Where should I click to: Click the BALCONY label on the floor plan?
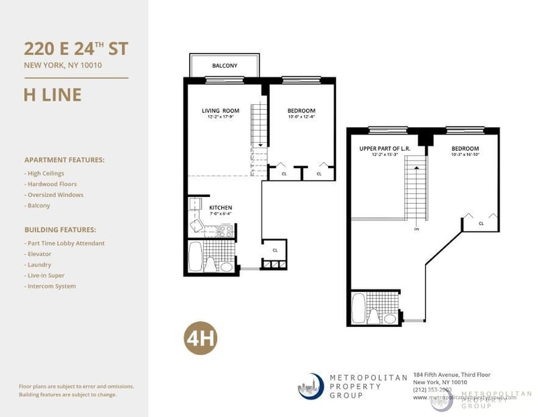pos(225,66)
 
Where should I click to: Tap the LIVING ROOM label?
pos(221,111)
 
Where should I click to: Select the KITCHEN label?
pos(221,208)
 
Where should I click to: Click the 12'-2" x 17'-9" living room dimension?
pos(221,118)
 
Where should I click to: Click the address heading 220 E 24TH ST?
pos(76,48)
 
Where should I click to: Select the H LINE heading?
pos(52,95)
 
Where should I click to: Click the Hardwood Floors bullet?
pos(52,184)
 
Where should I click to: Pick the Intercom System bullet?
pos(51,286)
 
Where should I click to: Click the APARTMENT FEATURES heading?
pos(64,160)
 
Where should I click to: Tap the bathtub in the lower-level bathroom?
pos(194,256)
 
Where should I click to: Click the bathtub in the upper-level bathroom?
pos(358,308)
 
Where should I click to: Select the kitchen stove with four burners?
pos(227,231)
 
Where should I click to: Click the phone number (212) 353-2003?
pos(433,389)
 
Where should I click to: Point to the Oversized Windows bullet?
pos(54,194)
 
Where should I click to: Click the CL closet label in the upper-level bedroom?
pos(481,223)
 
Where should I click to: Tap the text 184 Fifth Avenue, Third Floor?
pos(452,374)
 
